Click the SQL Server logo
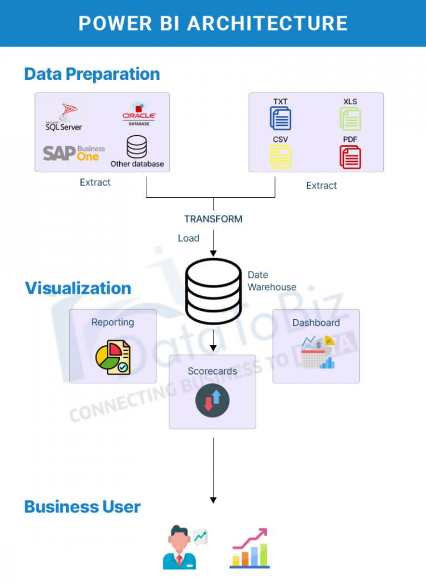pos(64,117)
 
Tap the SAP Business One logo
pos(74,152)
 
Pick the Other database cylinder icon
pos(136,147)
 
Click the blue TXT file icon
pos(281,118)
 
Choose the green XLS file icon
pos(350,118)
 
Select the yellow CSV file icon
pos(281,156)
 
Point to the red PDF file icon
pos(350,157)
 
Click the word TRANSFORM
pos(213,219)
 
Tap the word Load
pos(189,238)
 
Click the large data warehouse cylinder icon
pos(213,291)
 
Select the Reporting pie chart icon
pos(113,358)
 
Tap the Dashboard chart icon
pos(317,352)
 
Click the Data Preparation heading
pos(92,74)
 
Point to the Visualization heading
pos(78,288)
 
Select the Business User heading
pos(83,506)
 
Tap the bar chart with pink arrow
pos(250,548)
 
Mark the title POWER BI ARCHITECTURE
pos(213,23)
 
